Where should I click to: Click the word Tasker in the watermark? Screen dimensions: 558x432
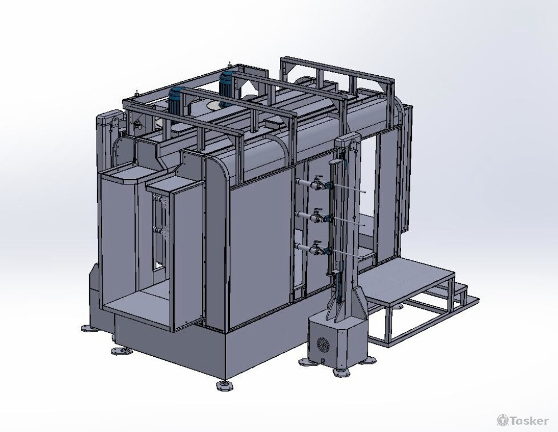[530, 421]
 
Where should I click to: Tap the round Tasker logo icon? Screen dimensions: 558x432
[503, 420]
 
